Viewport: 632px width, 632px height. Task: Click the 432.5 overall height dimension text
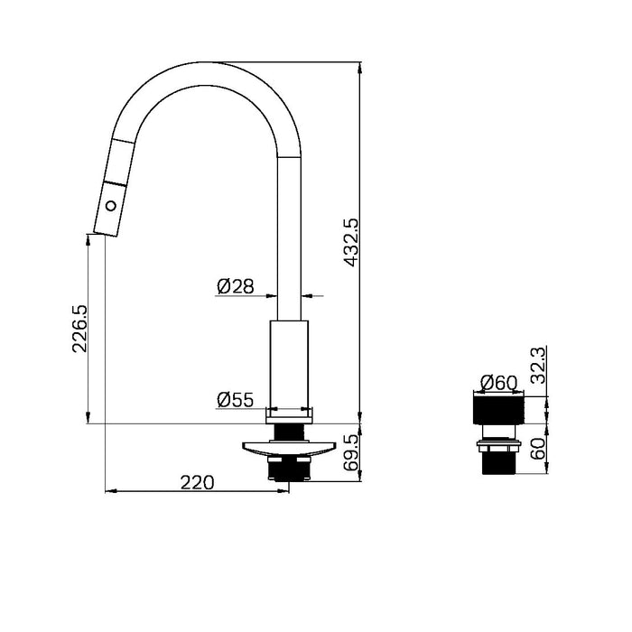click(x=350, y=240)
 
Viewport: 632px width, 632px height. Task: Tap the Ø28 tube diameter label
click(x=234, y=287)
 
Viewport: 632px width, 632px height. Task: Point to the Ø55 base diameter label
click(x=234, y=399)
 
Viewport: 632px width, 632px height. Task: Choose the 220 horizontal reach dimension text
click(x=197, y=482)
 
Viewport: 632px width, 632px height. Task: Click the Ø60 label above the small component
click(x=499, y=382)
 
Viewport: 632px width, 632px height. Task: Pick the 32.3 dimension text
click(x=537, y=367)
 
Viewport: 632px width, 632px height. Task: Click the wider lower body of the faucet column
click(x=290, y=361)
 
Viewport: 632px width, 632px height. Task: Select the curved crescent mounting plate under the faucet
click(x=289, y=445)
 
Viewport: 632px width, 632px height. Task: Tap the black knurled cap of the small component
click(x=496, y=408)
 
